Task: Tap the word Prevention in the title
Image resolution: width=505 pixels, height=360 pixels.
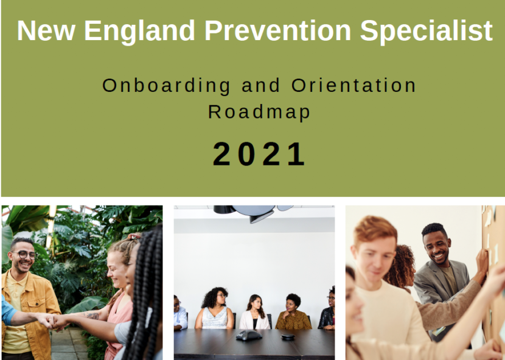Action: (277, 30)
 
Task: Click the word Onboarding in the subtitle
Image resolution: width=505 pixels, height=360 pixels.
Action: (166, 86)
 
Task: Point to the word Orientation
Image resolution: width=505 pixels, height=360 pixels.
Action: (353, 86)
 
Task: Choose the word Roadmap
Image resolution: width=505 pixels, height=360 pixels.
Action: (259, 112)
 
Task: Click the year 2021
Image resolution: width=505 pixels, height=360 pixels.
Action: (259, 154)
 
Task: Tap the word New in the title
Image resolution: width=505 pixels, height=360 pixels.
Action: (46, 30)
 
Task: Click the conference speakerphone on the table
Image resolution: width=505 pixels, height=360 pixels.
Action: (249, 335)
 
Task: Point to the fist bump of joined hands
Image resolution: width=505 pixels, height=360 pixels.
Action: (52, 321)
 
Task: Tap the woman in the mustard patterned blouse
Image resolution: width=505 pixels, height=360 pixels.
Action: (293, 312)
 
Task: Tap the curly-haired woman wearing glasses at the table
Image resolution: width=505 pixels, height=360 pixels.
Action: (215, 308)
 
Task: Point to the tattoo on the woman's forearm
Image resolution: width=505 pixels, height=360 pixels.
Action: (92, 316)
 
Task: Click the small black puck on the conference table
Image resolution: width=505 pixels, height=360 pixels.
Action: (288, 337)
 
